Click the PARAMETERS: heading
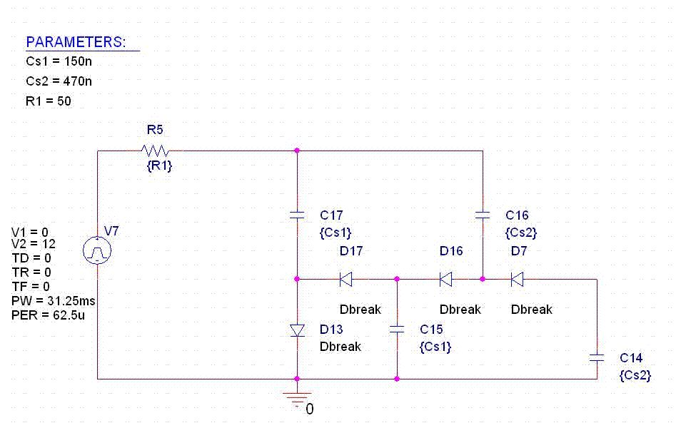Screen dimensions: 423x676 click(x=76, y=42)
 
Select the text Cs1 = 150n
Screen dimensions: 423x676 click(x=59, y=62)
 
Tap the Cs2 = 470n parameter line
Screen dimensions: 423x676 click(x=59, y=81)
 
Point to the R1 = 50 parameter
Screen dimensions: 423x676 click(x=48, y=101)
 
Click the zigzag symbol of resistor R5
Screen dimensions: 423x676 click(x=155, y=151)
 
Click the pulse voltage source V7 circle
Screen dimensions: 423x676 click(x=97, y=250)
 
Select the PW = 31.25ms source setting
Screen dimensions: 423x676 click(x=54, y=301)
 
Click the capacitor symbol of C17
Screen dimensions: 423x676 click(x=297, y=214)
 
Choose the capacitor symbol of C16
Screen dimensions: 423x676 click(x=483, y=214)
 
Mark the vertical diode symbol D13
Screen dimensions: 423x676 click(x=297, y=330)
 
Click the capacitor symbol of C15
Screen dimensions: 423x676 click(x=397, y=330)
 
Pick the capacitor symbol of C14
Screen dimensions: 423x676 click(x=597, y=357)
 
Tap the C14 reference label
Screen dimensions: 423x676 click(x=631, y=357)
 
